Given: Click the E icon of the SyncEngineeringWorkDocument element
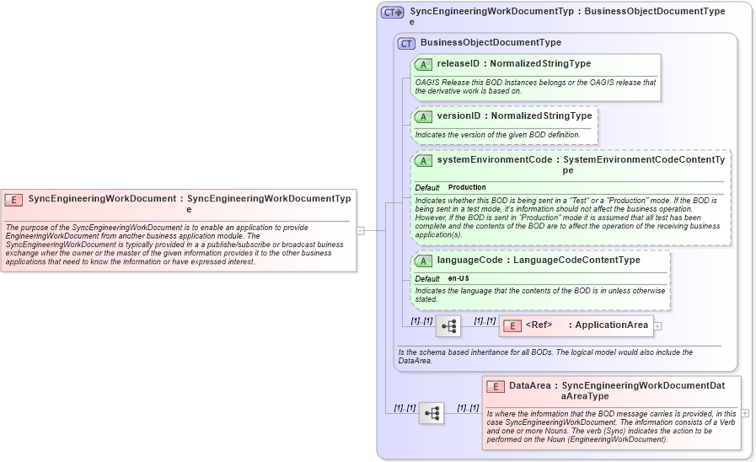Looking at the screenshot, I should tap(13, 200).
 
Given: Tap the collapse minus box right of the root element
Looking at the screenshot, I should tap(361, 229).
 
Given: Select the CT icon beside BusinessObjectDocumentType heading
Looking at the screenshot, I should tap(406, 43).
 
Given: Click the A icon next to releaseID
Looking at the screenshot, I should tap(423, 64).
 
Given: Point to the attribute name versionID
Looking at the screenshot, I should tap(458, 115).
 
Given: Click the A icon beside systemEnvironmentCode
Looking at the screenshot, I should tap(423, 160).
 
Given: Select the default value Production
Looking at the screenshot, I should tap(467, 187).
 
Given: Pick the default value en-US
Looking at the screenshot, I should tap(458, 278).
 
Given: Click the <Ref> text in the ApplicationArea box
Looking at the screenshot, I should tap(539, 325).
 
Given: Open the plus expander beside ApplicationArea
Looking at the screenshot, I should tap(657, 325).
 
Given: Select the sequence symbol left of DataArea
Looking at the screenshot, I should tap(432, 413).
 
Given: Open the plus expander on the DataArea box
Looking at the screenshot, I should tap(745, 413).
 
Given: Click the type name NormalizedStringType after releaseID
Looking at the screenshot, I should tap(540, 63).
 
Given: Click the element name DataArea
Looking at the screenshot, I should tap(530, 385).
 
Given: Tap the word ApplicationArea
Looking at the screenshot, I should tap(611, 325).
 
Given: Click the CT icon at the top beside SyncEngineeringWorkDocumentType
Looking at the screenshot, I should tap(392, 13).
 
